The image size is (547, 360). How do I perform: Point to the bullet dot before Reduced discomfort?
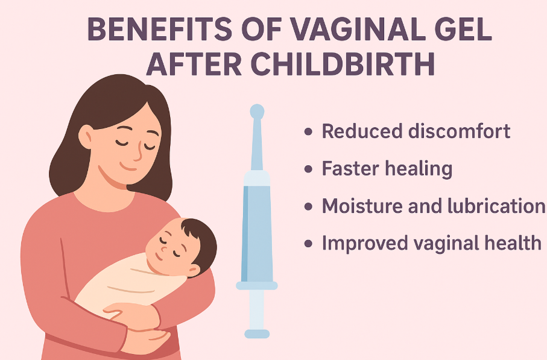309,131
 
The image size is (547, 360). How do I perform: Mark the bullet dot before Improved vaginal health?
309,244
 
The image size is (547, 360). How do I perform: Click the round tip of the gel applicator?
257,112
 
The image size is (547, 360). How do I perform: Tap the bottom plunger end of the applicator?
257,332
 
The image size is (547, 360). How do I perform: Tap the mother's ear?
86,136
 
